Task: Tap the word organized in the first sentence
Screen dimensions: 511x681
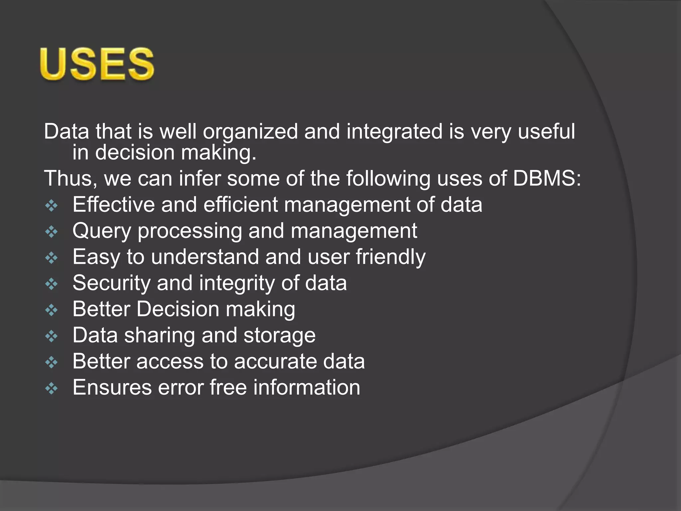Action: pyautogui.click(x=250, y=132)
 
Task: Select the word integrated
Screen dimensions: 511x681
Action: pyautogui.click(x=394, y=132)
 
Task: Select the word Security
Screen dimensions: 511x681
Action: pyautogui.click(x=111, y=283)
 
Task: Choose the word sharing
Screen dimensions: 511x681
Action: pyautogui.click(x=160, y=335)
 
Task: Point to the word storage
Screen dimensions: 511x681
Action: pyautogui.click(x=280, y=335)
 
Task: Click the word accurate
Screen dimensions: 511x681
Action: pyautogui.click(x=276, y=361)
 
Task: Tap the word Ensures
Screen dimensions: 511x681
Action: pyautogui.click(x=112, y=388)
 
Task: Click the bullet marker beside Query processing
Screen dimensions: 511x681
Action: pyautogui.click(x=52, y=232)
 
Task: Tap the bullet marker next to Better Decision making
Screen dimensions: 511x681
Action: pyautogui.click(x=52, y=310)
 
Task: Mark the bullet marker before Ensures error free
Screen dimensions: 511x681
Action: pyautogui.click(x=52, y=389)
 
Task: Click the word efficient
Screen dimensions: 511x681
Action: pyautogui.click(x=240, y=204)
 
